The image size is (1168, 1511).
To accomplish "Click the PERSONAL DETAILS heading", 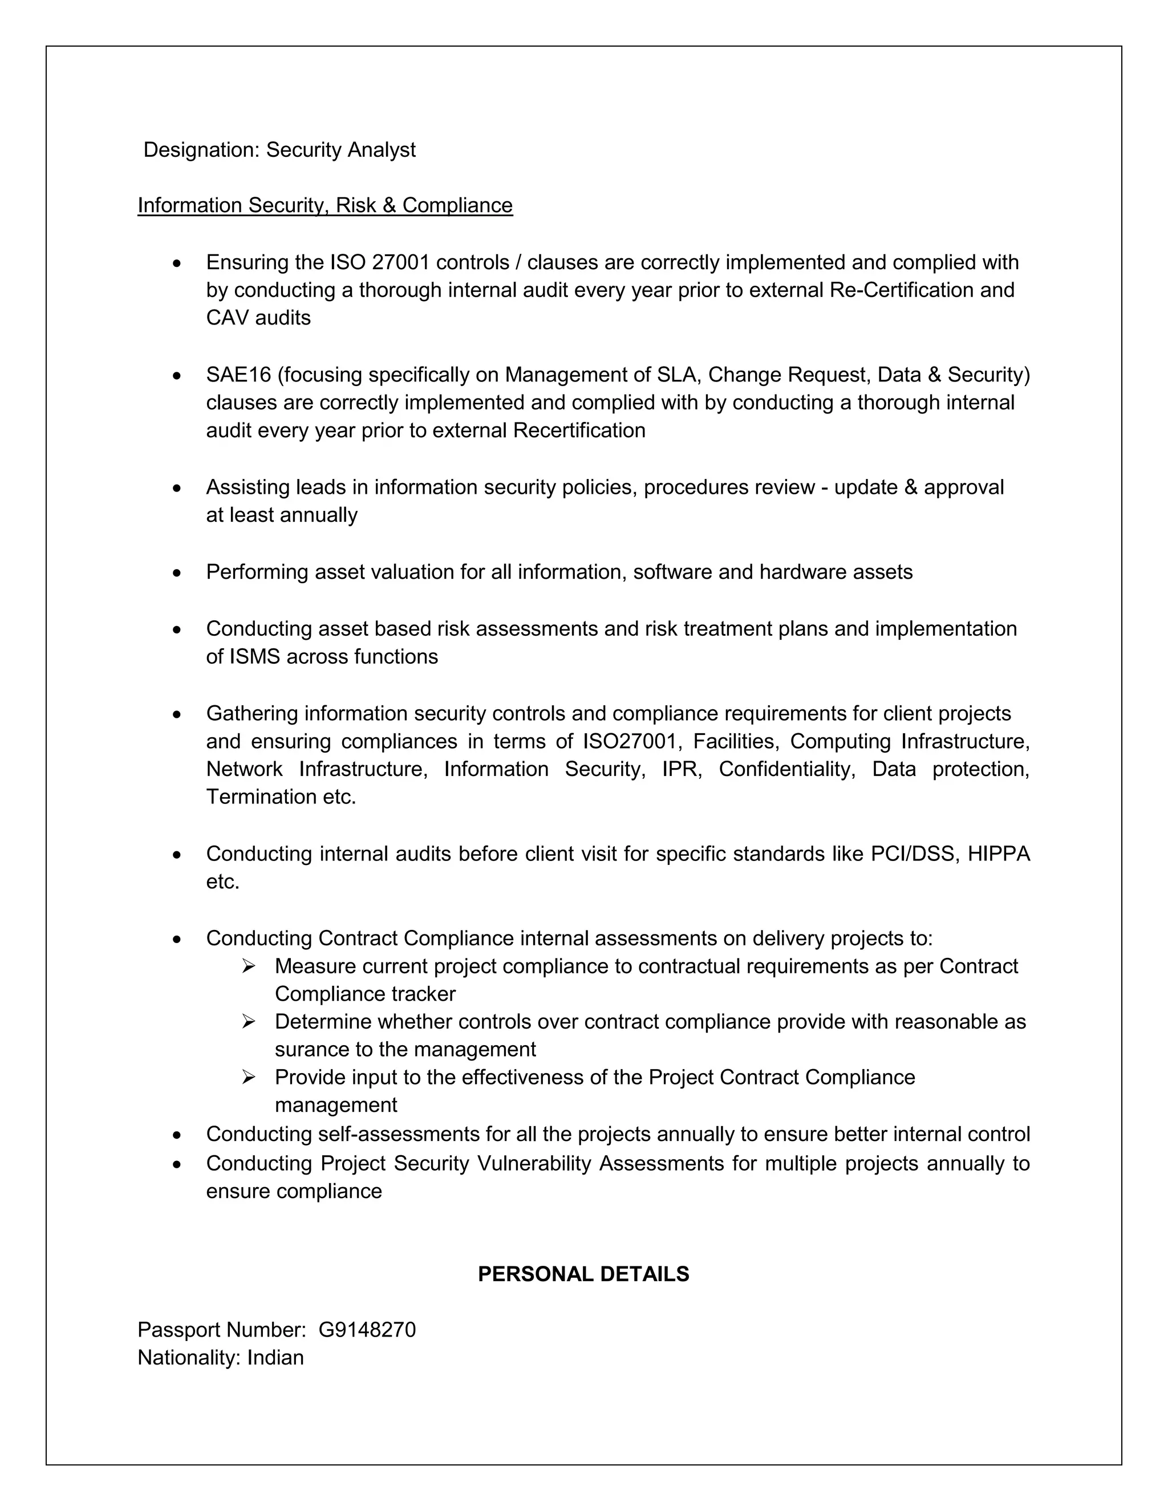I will [583, 1274].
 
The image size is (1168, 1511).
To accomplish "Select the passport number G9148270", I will [367, 1330].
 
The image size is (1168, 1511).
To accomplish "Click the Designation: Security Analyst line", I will [279, 149].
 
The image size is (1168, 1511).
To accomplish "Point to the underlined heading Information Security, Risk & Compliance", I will [325, 205].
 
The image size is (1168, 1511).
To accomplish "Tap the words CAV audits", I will [258, 318].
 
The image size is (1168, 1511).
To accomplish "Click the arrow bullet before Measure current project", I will [249, 966].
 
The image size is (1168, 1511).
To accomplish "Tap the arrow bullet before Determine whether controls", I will [249, 1021].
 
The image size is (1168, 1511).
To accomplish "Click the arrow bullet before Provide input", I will [249, 1077].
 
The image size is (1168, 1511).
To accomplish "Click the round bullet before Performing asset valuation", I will [178, 573].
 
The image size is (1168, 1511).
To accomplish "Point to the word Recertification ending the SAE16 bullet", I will [579, 430].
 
